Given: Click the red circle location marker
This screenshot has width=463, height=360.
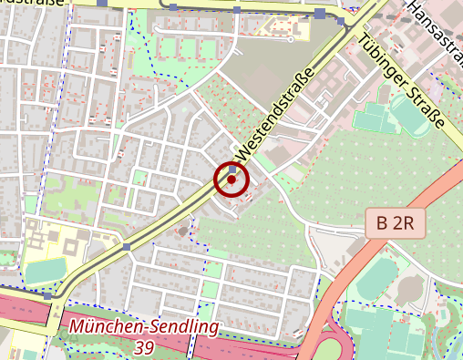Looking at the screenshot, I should click(x=231, y=180).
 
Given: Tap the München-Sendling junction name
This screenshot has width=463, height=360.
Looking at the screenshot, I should click(x=143, y=326).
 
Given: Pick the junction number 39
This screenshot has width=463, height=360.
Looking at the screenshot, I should click(x=143, y=347).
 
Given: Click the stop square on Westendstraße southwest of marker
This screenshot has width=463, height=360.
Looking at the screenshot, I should click(x=127, y=246).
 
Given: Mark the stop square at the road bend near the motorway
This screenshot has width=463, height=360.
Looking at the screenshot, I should click(x=47, y=295).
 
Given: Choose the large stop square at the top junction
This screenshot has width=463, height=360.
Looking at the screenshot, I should click(x=321, y=13).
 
